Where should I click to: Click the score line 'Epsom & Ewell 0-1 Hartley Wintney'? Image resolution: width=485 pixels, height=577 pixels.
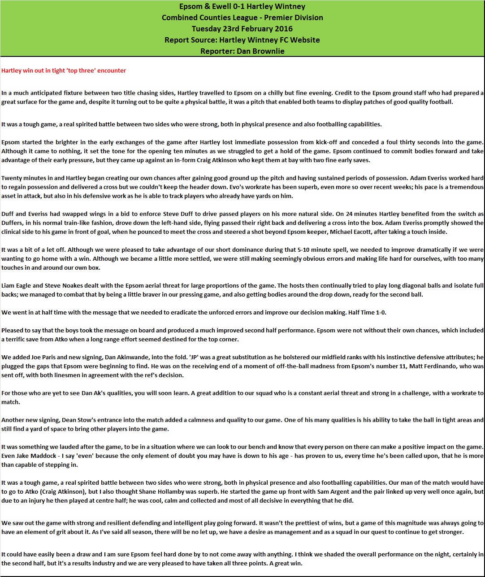tap(242, 7)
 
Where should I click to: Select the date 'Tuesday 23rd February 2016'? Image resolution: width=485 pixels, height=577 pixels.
tap(242, 29)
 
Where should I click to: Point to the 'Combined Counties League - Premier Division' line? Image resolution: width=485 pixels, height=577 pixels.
tap(242, 18)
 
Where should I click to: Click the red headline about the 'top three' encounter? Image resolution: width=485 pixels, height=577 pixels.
tap(64, 70)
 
